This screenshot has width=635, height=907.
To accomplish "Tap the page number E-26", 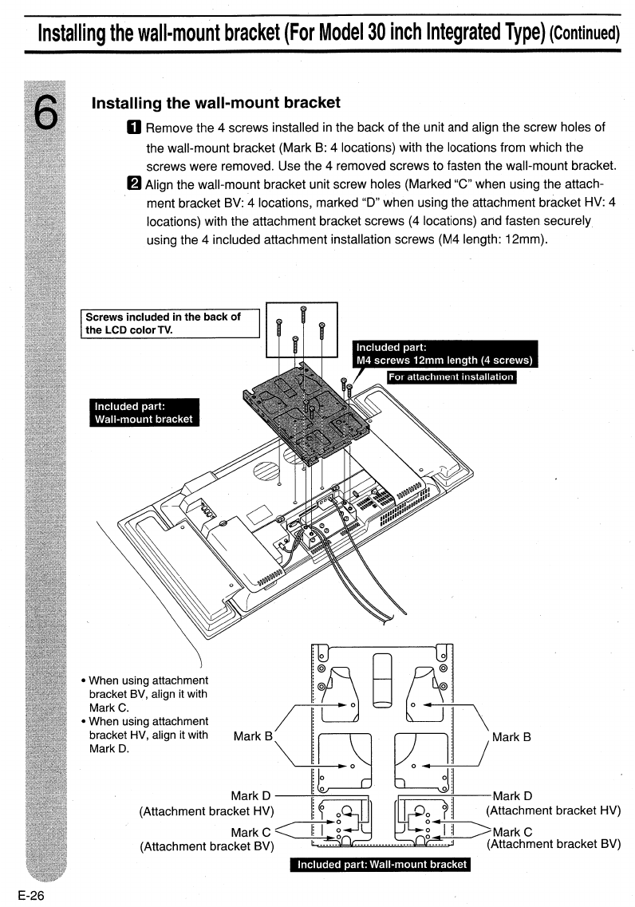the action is click(31, 895).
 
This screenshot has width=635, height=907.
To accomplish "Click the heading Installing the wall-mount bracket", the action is click(215, 103).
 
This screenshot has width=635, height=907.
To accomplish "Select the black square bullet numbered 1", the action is click(133, 128).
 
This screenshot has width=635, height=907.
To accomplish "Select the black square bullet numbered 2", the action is click(133, 183).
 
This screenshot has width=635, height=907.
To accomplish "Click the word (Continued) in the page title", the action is click(585, 33).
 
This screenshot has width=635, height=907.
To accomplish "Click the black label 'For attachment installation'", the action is click(451, 377).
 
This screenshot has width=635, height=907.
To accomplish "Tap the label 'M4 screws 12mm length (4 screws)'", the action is click(444, 361).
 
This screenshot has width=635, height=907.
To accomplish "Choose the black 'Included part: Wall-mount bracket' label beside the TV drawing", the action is click(144, 412).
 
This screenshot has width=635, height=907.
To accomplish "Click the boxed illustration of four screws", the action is click(302, 329).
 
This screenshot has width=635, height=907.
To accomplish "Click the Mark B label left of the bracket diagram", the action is click(253, 736).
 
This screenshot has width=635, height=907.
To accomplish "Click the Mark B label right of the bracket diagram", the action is click(511, 737).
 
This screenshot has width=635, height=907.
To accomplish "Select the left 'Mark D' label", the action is click(250, 796).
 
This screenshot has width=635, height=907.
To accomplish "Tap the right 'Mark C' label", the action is click(512, 832).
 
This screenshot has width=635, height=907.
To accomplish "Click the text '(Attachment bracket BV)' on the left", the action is click(207, 846).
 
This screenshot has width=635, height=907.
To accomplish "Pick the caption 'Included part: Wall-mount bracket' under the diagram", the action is click(381, 864).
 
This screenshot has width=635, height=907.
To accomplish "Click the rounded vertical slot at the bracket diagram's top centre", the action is click(382, 680).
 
